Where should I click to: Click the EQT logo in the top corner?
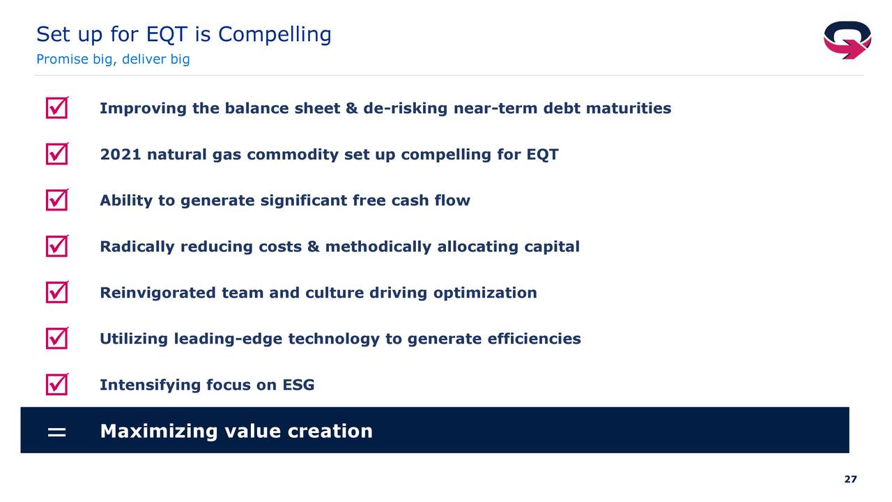[x=847, y=40]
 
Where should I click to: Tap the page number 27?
[x=850, y=479]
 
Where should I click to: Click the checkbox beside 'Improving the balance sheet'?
[x=57, y=107]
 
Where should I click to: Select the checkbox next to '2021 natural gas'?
[x=57, y=154]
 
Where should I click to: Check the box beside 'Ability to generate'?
[x=57, y=199]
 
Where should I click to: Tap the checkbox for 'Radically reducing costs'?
[x=57, y=246]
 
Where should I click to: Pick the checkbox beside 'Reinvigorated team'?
[x=57, y=292]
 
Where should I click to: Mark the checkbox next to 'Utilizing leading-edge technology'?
[x=57, y=338]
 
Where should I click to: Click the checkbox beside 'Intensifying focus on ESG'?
[x=57, y=384]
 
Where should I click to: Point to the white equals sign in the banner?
[x=56, y=432]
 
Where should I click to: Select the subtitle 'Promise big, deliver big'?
[x=113, y=59]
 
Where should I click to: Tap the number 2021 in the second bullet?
[x=121, y=154]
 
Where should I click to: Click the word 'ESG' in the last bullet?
[x=298, y=385]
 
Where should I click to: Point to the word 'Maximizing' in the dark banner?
[x=159, y=432]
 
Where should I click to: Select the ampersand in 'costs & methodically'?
[x=314, y=247]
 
